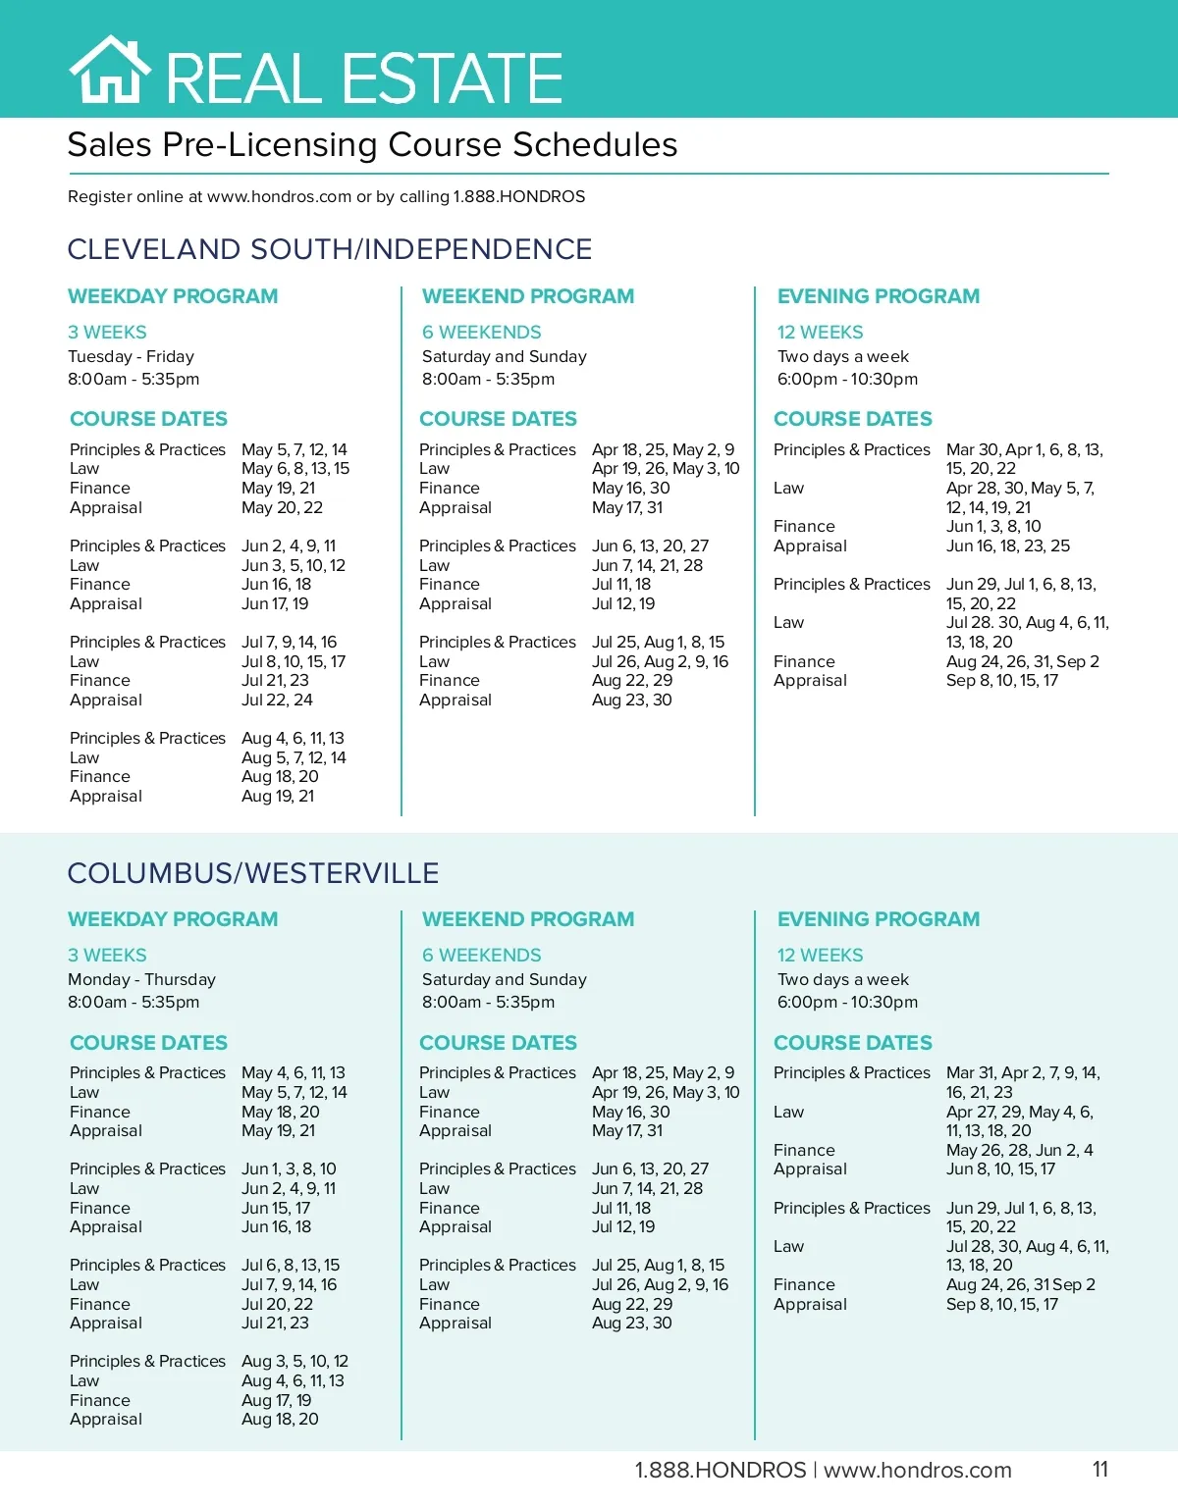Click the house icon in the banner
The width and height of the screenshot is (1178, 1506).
click(x=109, y=71)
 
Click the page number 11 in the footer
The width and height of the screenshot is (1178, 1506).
click(x=1100, y=1469)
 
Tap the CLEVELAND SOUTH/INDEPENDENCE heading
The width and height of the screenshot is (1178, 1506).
click(x=330, y=249)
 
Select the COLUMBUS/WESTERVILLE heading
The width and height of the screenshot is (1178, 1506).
click(x=253, y=872)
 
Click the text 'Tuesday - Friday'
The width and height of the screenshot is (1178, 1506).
click(x=131, y=356)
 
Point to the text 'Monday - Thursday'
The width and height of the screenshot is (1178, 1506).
click(x=141, y=979)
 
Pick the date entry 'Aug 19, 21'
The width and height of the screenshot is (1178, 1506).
click(x=278, y=796)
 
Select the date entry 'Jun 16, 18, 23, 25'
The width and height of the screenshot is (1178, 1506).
click(x=1008, y=545)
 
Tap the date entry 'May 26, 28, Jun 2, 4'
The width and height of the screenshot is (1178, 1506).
click(x=1019, y=1150)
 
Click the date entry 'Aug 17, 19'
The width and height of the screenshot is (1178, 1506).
click(x=276, y=1400)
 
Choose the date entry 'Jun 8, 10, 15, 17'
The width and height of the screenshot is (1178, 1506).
click(x=1000, y=1168)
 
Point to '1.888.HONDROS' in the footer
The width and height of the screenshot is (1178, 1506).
click(x=720, y=1470)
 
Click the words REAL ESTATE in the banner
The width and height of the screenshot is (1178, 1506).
click(x=364, y=78)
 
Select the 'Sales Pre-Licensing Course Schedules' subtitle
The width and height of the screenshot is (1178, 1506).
click(x=372, y=145)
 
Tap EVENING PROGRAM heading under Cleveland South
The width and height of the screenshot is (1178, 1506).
click(x=879, y=296)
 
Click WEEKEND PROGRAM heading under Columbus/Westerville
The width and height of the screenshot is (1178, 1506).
click(x=528, y=919)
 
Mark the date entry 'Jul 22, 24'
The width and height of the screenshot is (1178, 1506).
click(x=277, y=700)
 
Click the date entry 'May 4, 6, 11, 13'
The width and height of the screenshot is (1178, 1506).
click(x=294, y=1072)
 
